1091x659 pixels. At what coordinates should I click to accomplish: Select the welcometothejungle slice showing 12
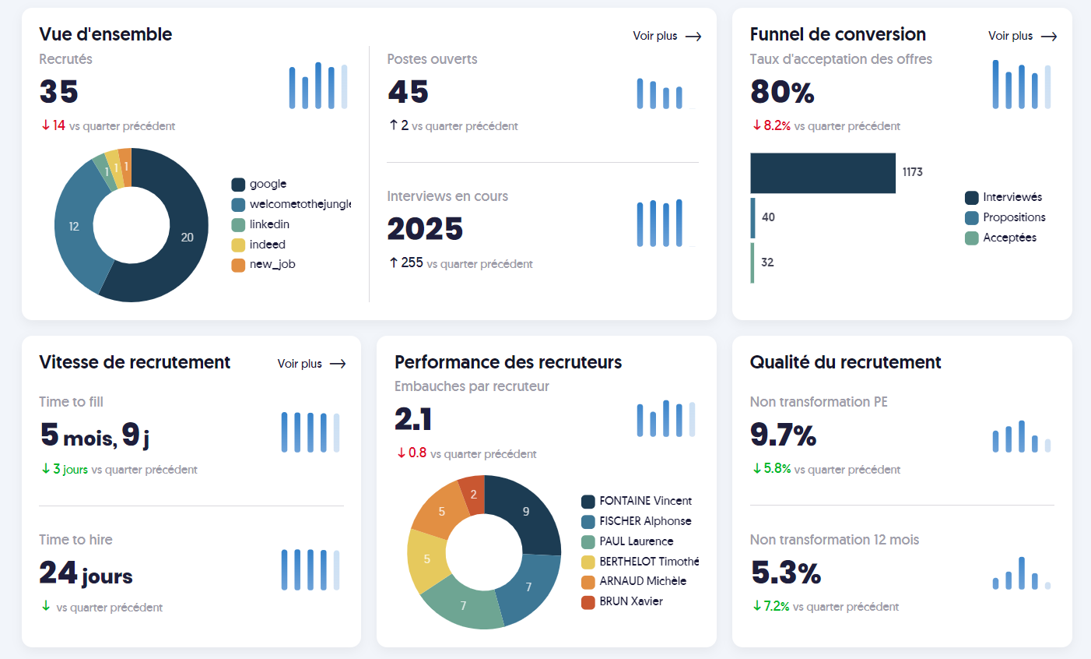74,227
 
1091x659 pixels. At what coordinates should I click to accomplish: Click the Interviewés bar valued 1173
823,173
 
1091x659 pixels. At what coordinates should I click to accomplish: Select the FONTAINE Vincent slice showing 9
526,512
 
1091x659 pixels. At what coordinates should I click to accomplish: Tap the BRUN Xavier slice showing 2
473,495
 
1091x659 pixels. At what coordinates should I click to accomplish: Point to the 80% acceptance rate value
782,93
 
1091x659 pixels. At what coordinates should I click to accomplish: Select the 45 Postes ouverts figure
409,93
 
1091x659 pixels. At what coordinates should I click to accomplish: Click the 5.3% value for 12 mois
786,574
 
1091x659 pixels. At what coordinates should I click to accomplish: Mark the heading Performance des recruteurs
508,362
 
